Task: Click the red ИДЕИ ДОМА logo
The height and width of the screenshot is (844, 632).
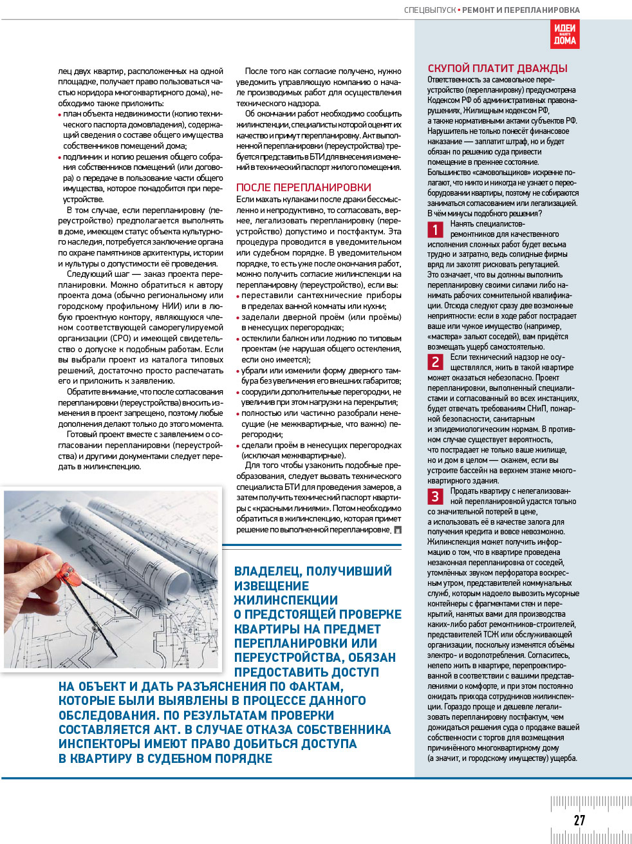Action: tap(564, 34)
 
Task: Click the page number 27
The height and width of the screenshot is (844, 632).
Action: tap(579, 820)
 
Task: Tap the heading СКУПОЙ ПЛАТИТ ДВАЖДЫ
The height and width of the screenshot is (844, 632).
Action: tap(497, 68)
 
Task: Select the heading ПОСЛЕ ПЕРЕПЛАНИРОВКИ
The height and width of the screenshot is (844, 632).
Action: tap(303, 187)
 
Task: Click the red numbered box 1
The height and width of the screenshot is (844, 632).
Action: tap(436, 230)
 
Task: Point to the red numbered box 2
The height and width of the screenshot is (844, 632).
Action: tap(436, 362)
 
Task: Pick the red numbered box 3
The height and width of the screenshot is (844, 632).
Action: tap(436, 496)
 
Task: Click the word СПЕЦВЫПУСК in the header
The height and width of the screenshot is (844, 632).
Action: tap(429, 10)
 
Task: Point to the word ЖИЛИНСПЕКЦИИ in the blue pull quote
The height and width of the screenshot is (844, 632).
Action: tap(286, 600)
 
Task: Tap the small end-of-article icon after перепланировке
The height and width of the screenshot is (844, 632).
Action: tap(398, 530)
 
